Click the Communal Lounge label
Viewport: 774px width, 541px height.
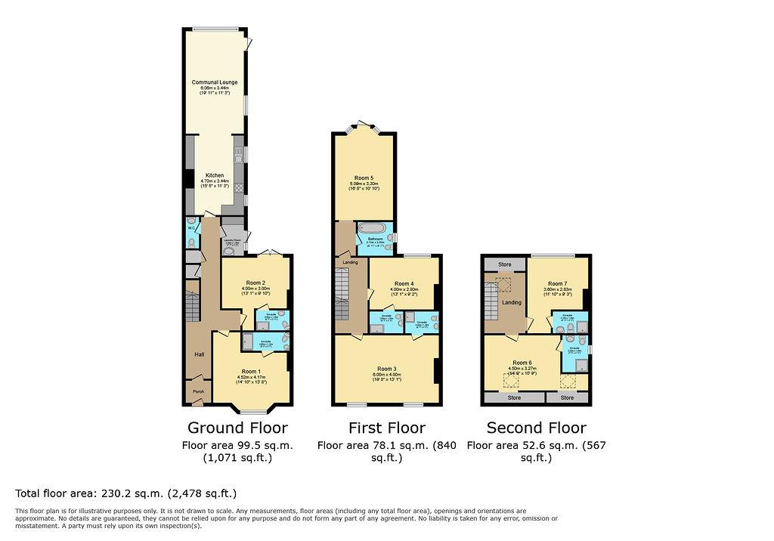pyautogui.click(x=214, y=82)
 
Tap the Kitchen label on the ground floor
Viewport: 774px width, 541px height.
pyautogui.click(x=215, y=175)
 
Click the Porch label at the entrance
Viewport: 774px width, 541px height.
pyautogui.click(x=199, y=391)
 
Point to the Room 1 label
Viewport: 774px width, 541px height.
pyautogui.click(x=251, y=371)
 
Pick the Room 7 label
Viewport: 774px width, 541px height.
pyautogui.click(x=557, y=283)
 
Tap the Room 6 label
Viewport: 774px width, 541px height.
pyautogui.click(x=522, y=363)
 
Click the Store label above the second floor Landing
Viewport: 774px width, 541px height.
pyautogui.click(x=505, y=264)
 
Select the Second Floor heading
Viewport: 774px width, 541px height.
pyautogui.click(x=536, y=428)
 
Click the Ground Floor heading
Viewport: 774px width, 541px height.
pyautogui.click(x=237, y=428)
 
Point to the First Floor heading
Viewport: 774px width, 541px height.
pyautogui.click(x=386, y=428)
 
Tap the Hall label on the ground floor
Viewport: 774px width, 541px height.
pyautogui.click(x=199, y=354)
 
